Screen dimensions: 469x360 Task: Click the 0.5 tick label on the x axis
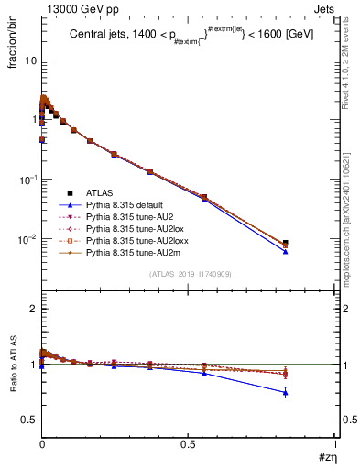[189, 443]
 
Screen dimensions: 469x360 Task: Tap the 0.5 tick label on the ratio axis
[29, 420]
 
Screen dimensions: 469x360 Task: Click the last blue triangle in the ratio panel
[286, 393]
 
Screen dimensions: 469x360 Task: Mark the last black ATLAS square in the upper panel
[286, 243]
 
